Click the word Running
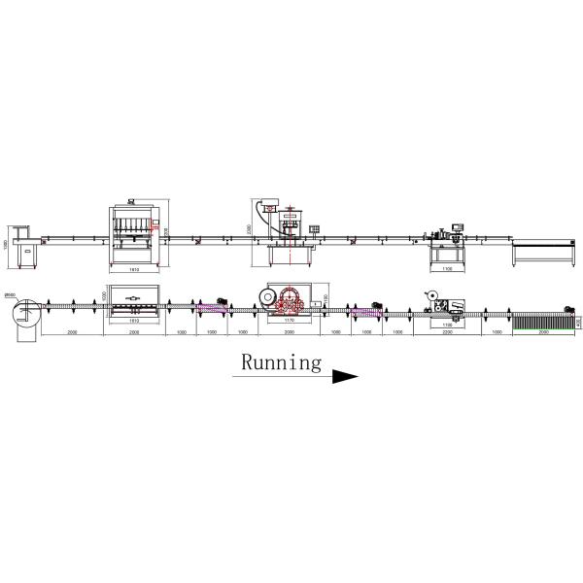[281, 363]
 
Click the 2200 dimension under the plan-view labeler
[448, 332]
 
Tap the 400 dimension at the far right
[578, 320]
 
